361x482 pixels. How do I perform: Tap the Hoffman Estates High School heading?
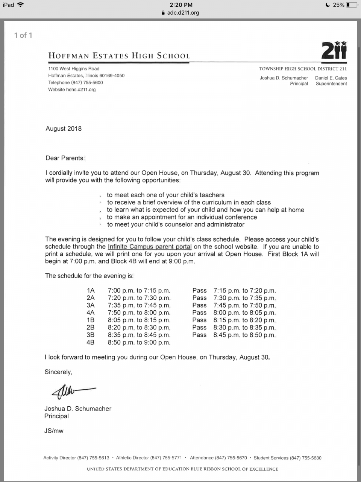click(x=119, y=56)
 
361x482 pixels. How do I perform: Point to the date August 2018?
click(x=64, y=128)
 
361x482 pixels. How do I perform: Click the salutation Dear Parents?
click(x=65, y=158)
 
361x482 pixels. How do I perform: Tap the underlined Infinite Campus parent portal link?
click(x=150, y=247)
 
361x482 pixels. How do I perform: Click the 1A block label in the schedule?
click(x=91, y=291)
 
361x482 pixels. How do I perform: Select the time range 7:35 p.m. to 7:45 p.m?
click(x=139, y=305)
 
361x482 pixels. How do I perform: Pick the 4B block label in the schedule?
click(x=90, y=342)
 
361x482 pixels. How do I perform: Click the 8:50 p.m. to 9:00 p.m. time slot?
click(x=139, y=342)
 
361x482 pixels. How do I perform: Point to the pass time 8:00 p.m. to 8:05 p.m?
click(x=244, y=313)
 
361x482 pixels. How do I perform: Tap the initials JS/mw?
click(x=54, y=431)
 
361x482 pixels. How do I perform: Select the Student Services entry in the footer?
click(x=287, y=458)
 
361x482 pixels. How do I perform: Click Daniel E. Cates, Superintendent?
click(x=331, y=81)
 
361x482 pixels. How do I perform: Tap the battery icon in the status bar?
click(x=352, y=5)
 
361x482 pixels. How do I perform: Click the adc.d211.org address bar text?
click(x=183, y=12)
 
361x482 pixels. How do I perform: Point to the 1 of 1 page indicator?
click(x=23, y=35)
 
